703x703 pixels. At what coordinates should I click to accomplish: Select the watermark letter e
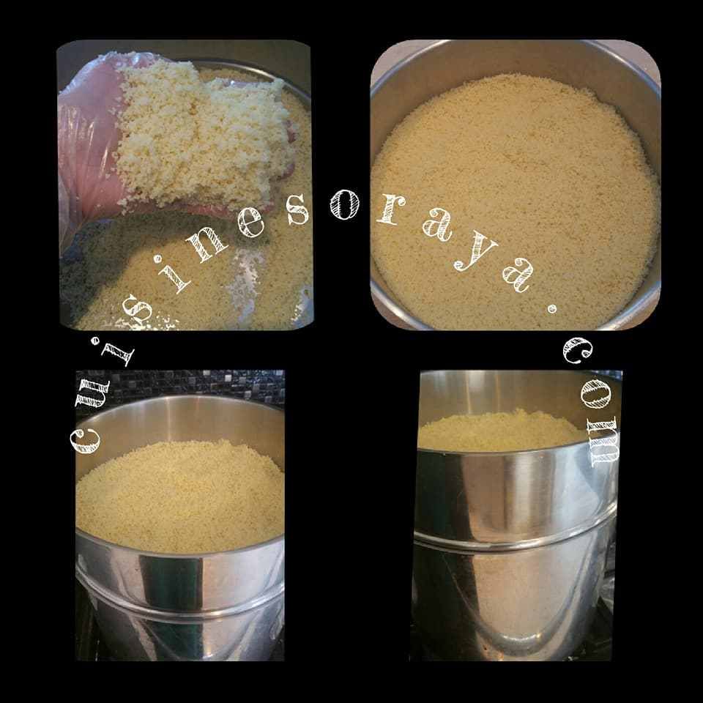click(x=250, y=223)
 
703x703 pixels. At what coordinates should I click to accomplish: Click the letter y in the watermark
click(x=475, y=255)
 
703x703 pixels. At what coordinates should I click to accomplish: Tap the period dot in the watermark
click(x=552, y=308)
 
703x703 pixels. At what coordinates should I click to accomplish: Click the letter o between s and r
click(x=344, y=204)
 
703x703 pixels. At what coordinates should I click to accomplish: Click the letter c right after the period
click(x=578, y=351)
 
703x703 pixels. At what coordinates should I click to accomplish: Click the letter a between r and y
click(x=436, y=228)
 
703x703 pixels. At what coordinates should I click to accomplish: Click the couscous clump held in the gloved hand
click(x=197, y=135)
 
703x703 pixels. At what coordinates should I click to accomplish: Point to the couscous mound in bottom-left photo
click(x=180, y=496)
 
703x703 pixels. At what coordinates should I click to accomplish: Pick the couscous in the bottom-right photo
click(x=502, y=430)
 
